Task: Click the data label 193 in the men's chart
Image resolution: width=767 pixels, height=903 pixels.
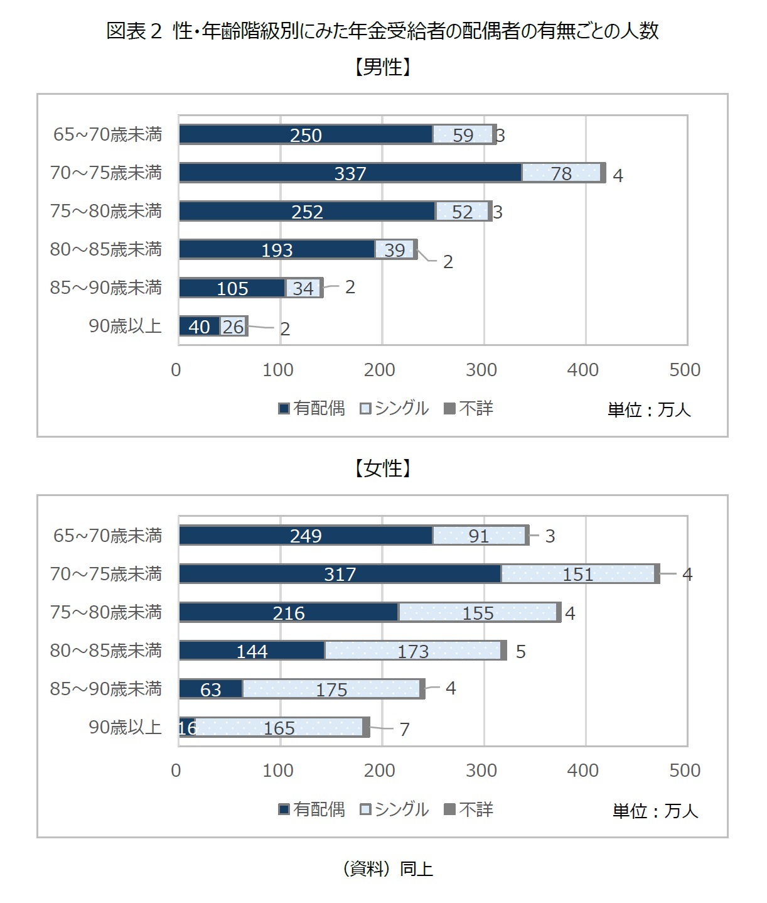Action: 277,250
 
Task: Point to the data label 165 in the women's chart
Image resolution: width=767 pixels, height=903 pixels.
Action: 279,728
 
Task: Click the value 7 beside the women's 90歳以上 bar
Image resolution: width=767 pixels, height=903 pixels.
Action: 404,729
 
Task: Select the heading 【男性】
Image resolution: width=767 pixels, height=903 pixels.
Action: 382,67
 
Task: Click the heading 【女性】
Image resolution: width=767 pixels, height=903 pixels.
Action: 382,468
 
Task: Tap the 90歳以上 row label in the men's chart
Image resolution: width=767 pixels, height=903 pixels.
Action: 125,326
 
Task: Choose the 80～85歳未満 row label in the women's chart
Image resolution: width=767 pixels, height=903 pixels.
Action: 105,651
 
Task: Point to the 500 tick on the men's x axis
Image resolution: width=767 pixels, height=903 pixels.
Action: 684,370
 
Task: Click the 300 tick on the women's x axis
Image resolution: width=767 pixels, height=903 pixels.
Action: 481,771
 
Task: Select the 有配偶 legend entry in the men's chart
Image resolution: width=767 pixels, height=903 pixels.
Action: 312,409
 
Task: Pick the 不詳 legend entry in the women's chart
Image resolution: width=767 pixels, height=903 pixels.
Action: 469,809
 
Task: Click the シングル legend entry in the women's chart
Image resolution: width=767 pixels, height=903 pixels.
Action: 394,809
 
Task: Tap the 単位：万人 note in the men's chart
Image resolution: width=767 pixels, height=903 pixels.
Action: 648,410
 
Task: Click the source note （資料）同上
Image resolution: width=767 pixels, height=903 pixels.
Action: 387,869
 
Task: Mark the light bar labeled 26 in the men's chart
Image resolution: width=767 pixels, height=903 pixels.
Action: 233,327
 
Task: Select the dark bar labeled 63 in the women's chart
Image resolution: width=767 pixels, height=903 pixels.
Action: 210,689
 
